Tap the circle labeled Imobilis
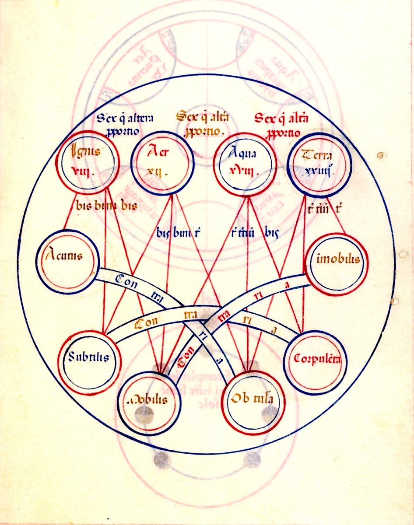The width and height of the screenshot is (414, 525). (337, 262)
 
